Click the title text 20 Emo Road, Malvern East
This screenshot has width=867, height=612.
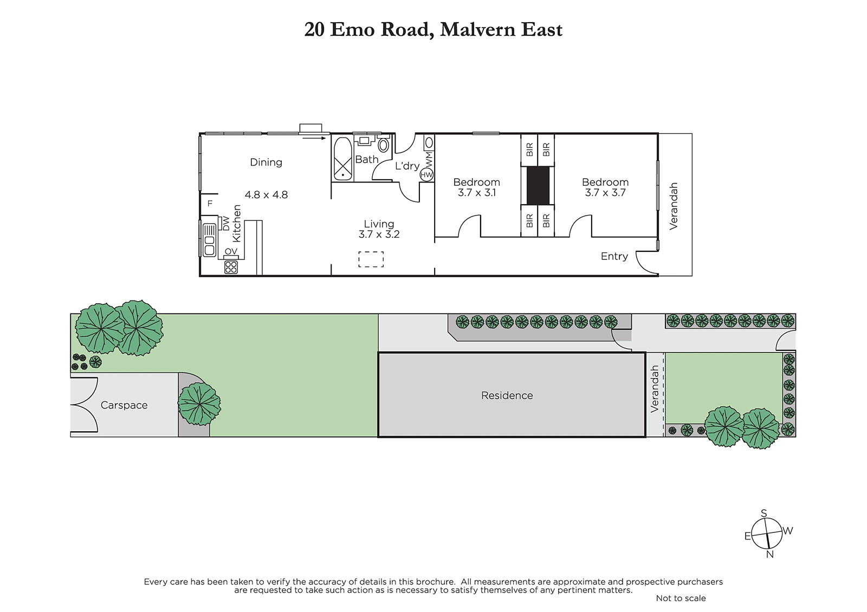click(433, 30)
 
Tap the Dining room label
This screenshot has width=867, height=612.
click(266, 162)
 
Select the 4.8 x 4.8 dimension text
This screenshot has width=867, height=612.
click(266, 194)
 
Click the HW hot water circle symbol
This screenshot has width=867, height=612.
click(426, 175)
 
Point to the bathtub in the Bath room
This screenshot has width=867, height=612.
click(342, 159)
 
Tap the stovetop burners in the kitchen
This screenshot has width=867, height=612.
click(231, 268)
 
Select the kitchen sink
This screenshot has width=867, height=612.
click(209, 240)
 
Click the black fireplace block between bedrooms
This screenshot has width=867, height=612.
click(538, 186)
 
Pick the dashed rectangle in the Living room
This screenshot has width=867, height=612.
click(371, 259)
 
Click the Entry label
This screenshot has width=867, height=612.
click(614, 256)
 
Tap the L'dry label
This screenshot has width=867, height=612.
click(407, 166)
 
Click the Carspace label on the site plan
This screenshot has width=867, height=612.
click(124, 405)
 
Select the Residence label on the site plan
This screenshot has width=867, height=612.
click(507, 395)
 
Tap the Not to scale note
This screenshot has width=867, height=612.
click(681, 598)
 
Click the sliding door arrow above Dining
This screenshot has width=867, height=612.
click(314, 138)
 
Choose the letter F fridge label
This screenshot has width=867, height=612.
click(210, 204)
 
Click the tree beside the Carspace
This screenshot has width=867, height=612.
click(199, 404)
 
